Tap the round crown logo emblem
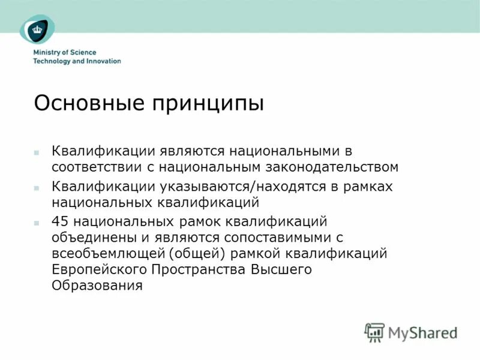coord(37,28)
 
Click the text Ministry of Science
coord(64,53)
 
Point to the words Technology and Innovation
coord(77,61)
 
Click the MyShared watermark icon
coord(374,332)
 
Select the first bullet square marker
coord(37,152)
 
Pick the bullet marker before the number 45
coord(37,223)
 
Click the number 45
coord(61,223)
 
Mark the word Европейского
coord(98,269)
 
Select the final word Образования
coord(97,285)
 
